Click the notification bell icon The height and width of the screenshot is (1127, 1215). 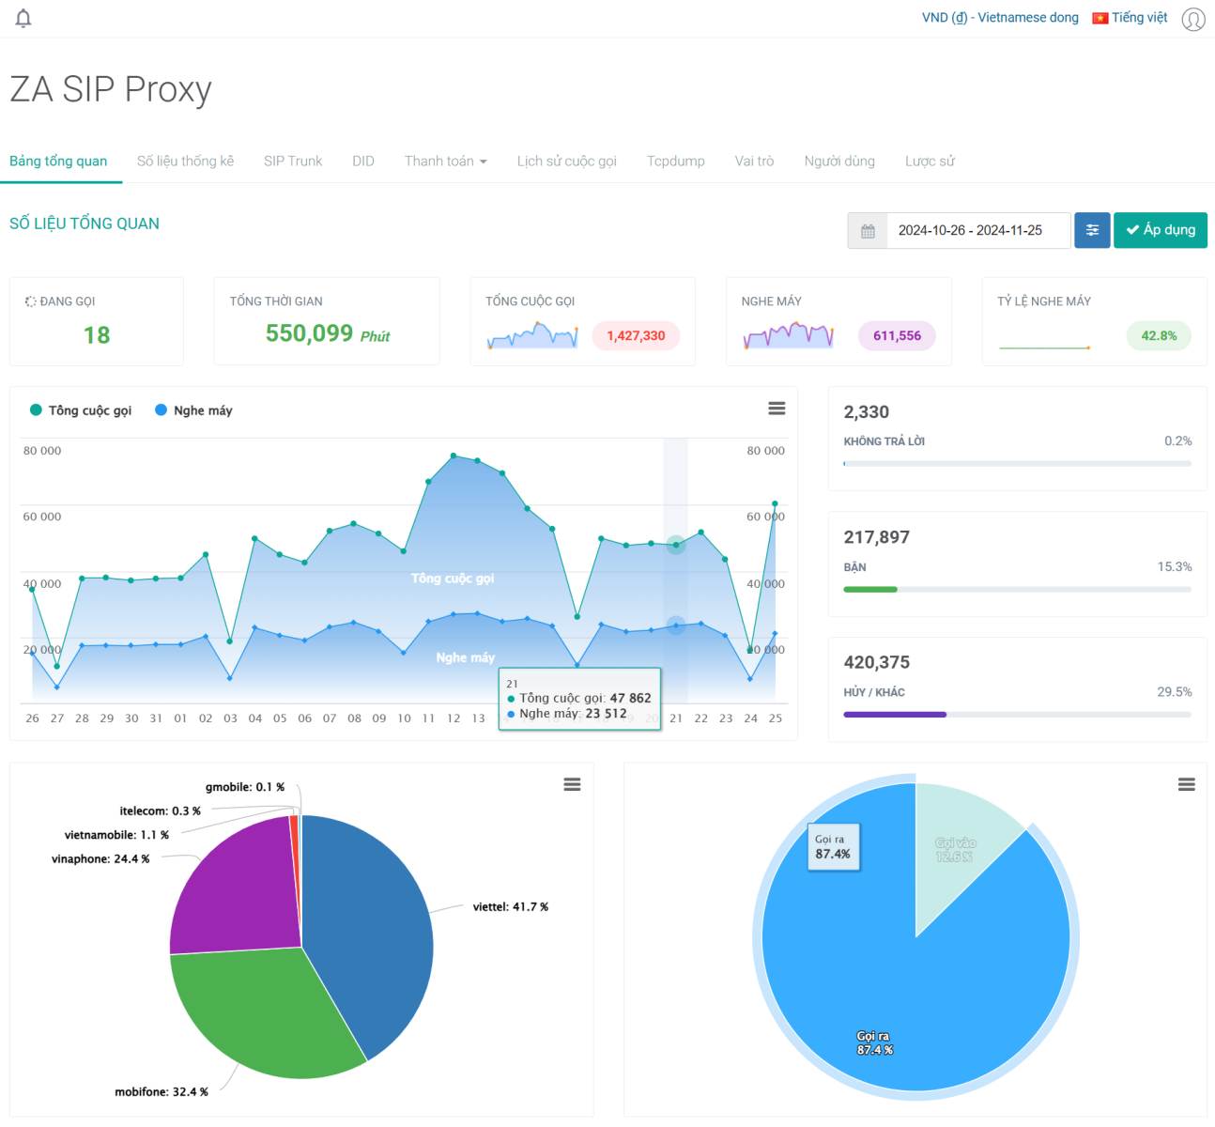[x=23, y=18]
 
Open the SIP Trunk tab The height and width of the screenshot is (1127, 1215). [x=292, y=161]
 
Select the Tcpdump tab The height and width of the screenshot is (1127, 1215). [x=675, y=161]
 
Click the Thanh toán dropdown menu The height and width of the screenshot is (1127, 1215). [x=445, y=161]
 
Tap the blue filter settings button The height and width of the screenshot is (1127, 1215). [x=1092, y=230]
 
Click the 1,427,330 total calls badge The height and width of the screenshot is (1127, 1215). [x=636, y=335]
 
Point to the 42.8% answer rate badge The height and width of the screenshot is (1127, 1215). [x=1159, y=335]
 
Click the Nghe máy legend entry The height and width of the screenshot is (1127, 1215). [x=194, y=410]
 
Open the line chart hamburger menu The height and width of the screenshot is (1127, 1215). [x=777, y=409]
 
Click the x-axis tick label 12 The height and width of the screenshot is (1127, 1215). [x=454, y=718]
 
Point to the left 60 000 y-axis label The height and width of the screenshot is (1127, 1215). [x=42, y=517]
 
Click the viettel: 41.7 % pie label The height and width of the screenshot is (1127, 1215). [x=510, y=907]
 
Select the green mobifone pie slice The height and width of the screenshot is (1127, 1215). [x=263, y=1014]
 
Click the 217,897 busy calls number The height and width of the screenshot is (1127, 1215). [x=876, y=537]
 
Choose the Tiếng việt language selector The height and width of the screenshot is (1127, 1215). [x=1130, y=18]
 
